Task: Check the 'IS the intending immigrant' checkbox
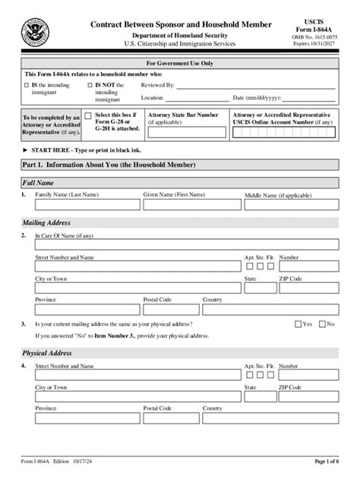coord(27,86)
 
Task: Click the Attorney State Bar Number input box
coord(186,132)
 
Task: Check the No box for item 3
coord(322,324)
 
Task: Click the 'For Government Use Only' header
coord(180,64)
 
